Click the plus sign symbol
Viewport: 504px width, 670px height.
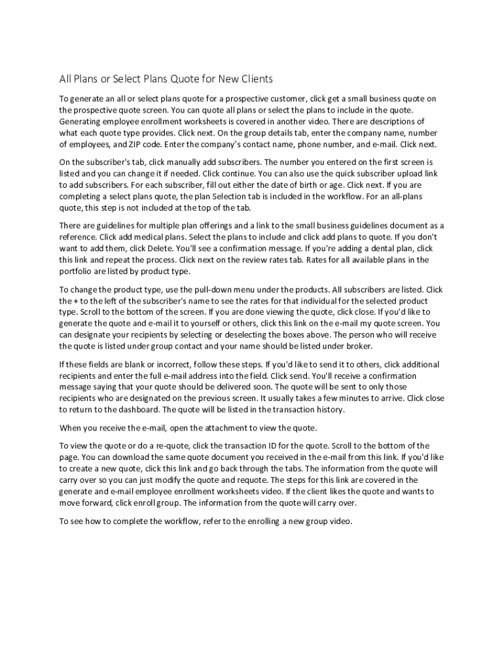pyautogui.click(x=79, y=300)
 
